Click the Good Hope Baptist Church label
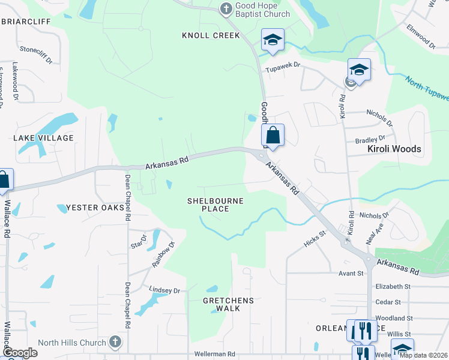pos(262,10)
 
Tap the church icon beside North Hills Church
pos(116,343)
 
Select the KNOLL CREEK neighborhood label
pos(211,35)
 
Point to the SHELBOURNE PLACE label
pos(215,205)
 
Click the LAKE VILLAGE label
pos(43,138)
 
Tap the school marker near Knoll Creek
pos(273,40)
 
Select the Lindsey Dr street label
pos(164,290)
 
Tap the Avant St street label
pos(352,273)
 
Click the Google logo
pos(20,353)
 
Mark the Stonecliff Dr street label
pos(37,50)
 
